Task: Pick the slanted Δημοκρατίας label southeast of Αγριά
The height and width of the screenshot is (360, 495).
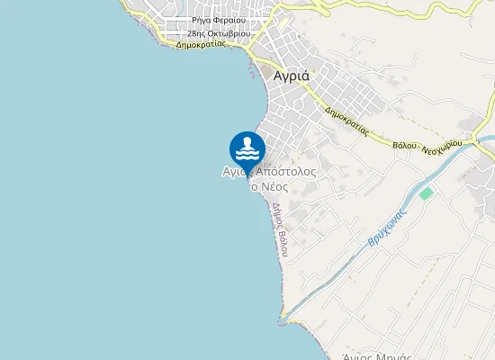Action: pos(348,121)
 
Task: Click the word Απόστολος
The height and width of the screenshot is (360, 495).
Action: pos(285,171)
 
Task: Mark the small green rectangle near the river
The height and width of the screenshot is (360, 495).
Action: pos(426,193)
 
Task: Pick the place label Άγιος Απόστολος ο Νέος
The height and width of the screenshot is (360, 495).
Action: pos(269,178)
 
